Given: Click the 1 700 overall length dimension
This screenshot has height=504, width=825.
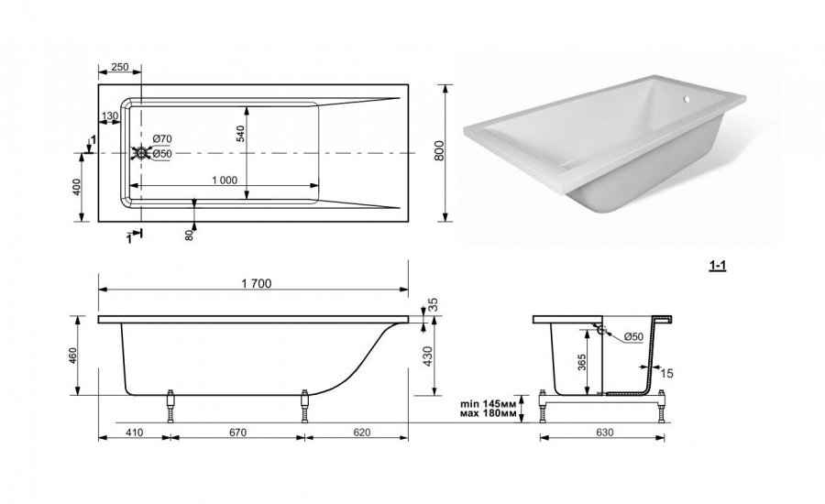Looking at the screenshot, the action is point(257,283).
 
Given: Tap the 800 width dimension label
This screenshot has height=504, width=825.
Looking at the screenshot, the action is point(440,151).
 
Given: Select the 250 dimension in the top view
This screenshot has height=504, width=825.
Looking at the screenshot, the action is point(120,67).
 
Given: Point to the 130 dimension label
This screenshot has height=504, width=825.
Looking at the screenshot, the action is point(109,115).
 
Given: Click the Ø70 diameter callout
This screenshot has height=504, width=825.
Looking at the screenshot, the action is point(162,139).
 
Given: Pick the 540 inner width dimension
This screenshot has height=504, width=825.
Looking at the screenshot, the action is point(240,134).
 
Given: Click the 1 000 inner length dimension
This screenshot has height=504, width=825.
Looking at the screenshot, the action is point(225,180).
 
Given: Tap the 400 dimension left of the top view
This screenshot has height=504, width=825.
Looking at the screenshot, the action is point(77,187).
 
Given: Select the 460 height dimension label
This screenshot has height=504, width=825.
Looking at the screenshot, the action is point(72,356).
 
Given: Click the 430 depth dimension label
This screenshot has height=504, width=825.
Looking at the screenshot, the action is point(427,356).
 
